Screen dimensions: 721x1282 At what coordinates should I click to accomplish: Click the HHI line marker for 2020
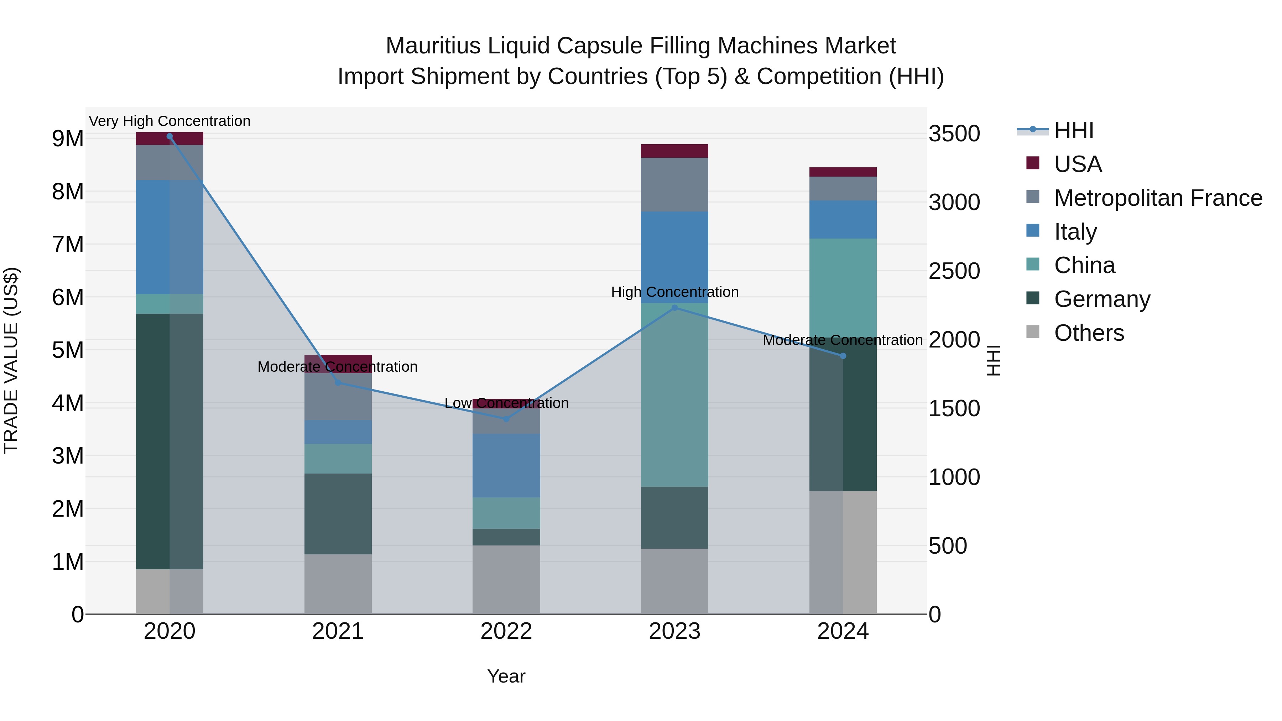[x=170, y=136]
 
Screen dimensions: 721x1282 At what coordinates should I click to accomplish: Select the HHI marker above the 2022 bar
[x=506, y=419]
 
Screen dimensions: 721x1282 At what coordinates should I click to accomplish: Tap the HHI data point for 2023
[x=675, y=308]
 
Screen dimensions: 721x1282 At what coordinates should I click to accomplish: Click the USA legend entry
[x=1078, y=164]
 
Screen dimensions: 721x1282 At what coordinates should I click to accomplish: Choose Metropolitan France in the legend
[x=1158, y=198]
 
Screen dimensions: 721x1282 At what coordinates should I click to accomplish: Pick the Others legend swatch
[x=1033, y=332]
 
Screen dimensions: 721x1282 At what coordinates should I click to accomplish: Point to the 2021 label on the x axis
[x=338, y=631]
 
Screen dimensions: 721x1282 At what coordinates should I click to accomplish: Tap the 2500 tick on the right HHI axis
[x=954, y=271]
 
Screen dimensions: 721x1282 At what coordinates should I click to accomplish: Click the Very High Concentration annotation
[x=170, y=121]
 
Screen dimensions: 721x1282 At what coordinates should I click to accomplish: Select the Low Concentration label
[x=506, y=403]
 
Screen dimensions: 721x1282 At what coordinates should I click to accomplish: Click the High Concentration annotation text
[x=675, y=292]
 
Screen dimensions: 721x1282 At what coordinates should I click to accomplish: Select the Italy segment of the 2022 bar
[x=506, y=465]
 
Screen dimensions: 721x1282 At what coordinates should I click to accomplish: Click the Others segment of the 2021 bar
[x=338, y=584]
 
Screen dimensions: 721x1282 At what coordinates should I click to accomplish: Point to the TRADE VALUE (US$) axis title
[x=11, y=360]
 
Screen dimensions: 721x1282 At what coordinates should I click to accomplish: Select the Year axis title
[x=506, y=676]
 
